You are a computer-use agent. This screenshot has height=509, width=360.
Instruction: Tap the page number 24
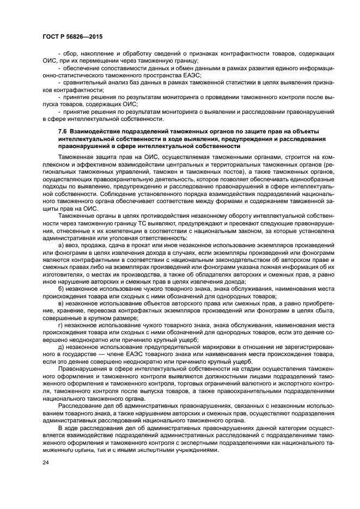(x=46, y=462)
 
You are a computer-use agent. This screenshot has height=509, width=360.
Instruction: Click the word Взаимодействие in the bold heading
(x=96, y=132)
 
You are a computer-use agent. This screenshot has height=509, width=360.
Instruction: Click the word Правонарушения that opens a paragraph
(x=83, y=369)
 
